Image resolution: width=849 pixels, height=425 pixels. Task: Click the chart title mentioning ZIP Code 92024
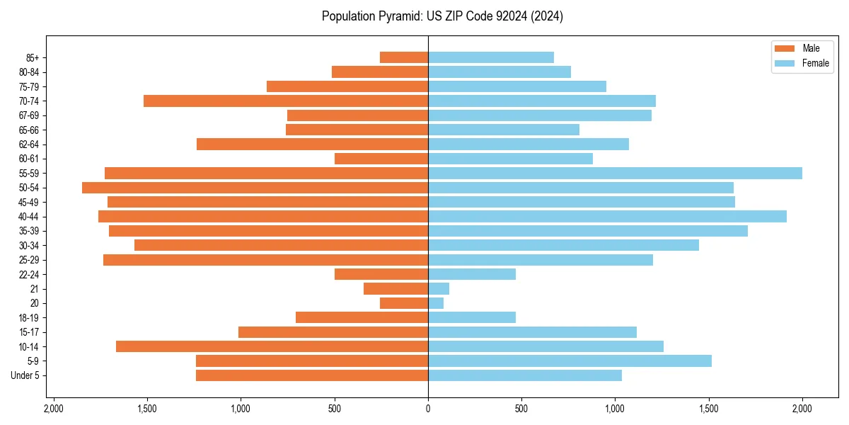(x=442, y=16)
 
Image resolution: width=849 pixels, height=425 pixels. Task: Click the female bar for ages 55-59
(x=615, y=173)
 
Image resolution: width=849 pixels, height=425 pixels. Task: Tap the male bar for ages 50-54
(x=255, y=188)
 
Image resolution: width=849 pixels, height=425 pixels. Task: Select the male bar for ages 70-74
(x=286, y=101)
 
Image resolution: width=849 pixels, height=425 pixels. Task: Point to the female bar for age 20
(x=436, y=303)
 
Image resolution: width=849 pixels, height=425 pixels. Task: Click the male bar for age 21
(x=395, y=289)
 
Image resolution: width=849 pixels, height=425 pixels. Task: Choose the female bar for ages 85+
(x=491, y=57)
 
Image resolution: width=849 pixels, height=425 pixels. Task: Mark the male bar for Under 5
(x=312, y=375)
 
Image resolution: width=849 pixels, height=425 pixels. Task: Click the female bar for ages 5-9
(x=570, y=361)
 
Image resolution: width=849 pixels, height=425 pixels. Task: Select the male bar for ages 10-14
(x=272, y=346)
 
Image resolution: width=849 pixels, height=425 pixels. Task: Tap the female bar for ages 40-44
(x=607, y=217)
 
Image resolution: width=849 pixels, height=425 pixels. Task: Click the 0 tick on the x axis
(x=428, y=409)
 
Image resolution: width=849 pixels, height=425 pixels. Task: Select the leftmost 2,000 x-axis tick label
(x=53, y=409)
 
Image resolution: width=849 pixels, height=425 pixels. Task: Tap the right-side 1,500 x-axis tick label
(x=708, y=409)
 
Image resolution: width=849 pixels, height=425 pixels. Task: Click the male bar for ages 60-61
(x=381, y=159)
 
